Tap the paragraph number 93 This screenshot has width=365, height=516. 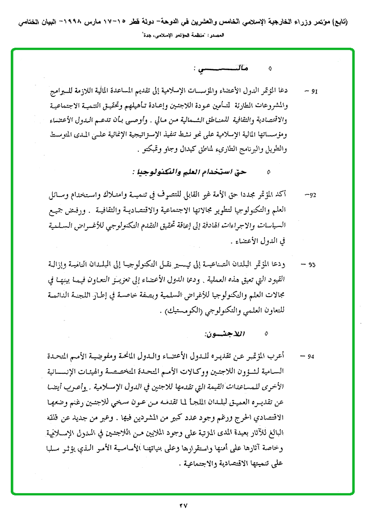[x=312, y=265]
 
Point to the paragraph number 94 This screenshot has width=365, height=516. [x=312, y=356]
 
